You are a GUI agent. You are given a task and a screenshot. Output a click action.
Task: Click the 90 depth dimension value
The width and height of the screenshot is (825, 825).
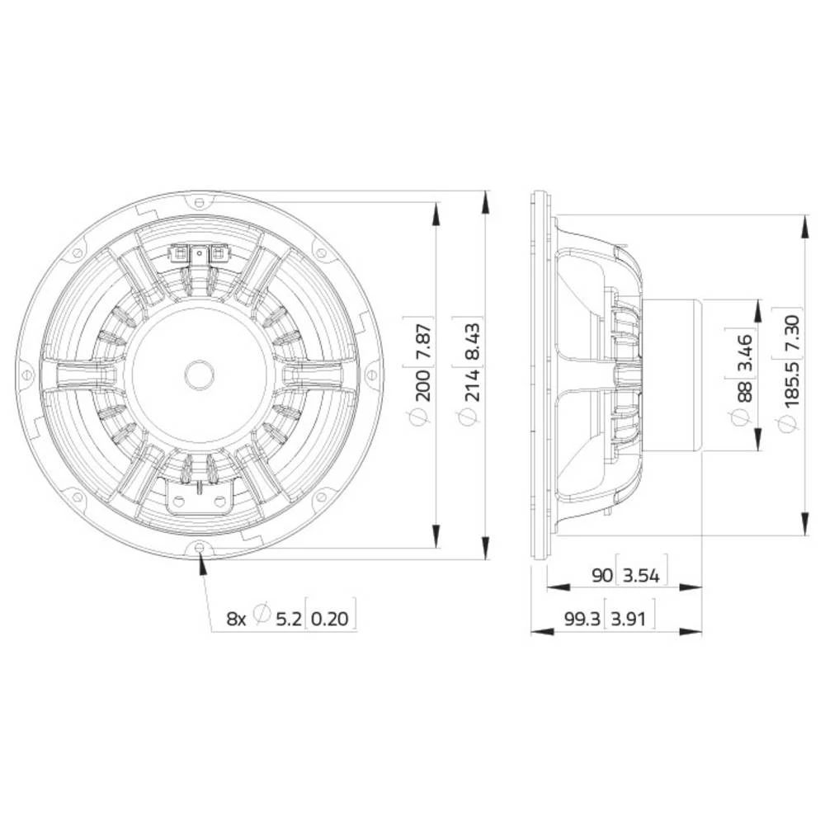[x=601, y=575]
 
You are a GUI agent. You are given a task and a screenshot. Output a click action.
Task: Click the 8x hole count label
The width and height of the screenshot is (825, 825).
[x=237, y=617]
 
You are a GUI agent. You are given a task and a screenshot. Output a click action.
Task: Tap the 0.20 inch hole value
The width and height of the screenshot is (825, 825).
[x=332, y=617]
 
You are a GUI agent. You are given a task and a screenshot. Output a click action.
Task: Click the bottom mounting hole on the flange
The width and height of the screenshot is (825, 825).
[x=200, y=547]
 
